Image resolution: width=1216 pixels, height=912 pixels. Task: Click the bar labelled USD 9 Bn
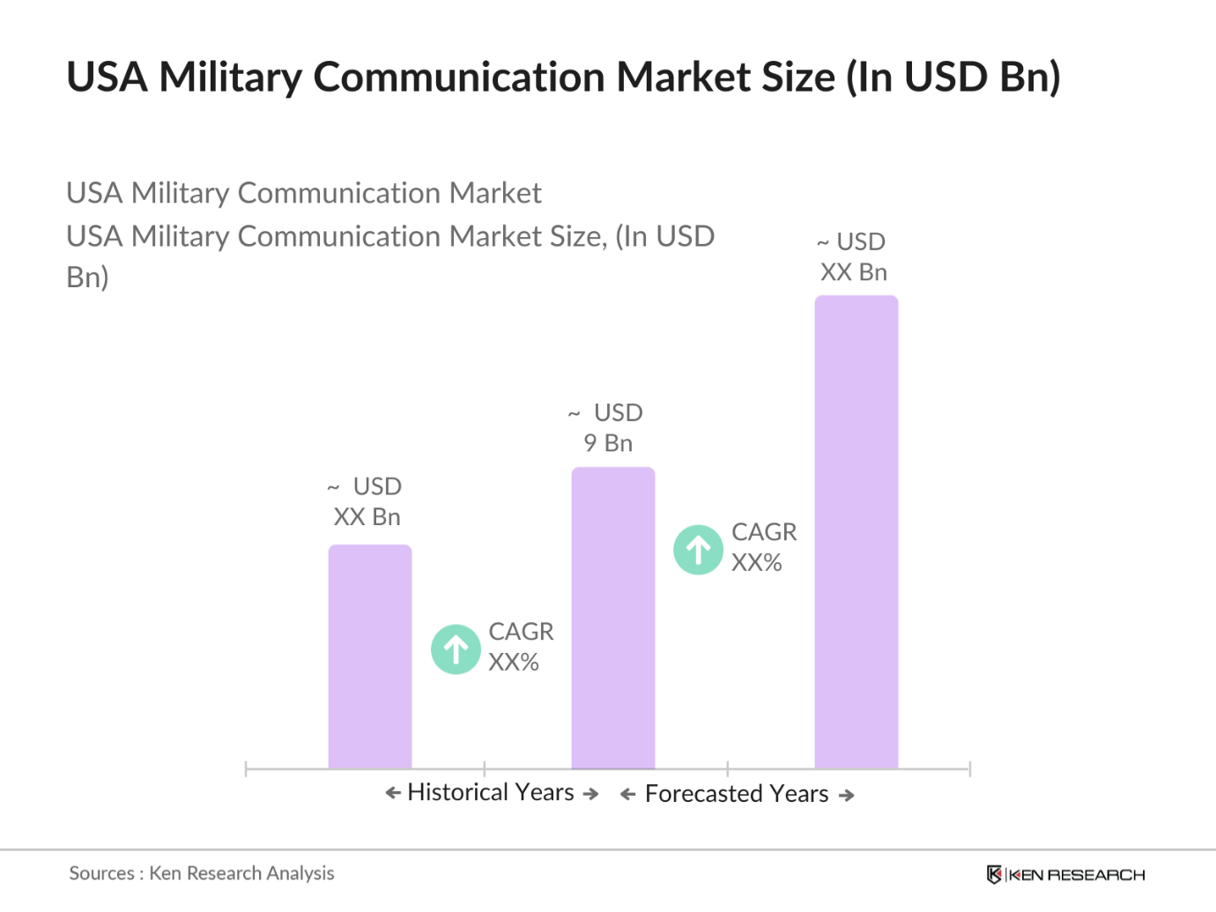coord(613,617)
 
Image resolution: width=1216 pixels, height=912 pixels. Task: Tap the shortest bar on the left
coord(370,656)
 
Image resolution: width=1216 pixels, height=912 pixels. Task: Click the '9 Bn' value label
coord(608,443)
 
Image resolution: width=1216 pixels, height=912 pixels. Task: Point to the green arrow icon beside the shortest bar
coord(456,649)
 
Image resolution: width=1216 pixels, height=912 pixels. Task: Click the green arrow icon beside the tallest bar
coord(698,550)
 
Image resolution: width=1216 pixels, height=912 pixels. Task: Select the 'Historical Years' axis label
coord(491,792)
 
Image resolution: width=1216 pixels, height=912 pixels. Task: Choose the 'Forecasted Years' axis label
coord(737,794)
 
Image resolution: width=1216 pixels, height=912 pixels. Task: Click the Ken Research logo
coord(1065,874)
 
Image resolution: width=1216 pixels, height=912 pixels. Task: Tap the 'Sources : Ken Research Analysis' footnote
coord(202,873)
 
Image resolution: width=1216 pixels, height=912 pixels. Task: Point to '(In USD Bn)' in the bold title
coord(953,77)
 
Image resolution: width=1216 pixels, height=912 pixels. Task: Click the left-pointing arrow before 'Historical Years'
coord(393,793)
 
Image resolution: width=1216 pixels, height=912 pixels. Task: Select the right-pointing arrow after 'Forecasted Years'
coord(847,795)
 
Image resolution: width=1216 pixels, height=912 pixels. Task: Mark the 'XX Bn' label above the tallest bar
coord(853,272)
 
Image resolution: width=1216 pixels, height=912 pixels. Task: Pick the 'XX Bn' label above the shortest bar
coord(367,517)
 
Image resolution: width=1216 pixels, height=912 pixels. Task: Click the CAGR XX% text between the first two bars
coord(521,647)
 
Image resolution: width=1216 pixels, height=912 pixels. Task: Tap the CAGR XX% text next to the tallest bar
coord(763,547)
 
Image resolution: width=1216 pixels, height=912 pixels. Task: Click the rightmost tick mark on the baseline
coord(969,769)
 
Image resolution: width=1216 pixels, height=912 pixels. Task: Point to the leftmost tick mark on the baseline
coord(246,769)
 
